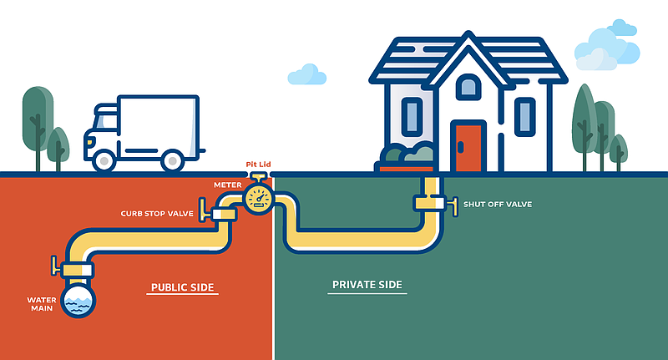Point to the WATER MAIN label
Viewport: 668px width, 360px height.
(42, 304)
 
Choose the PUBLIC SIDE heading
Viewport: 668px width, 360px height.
(183, 288)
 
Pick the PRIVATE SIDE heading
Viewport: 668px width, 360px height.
(367, 285)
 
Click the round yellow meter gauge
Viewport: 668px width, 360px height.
(257, 199)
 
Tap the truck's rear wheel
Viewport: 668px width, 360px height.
(173, 160)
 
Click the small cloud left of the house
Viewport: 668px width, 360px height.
(306, 74)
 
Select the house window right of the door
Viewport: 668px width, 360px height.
(524, 116)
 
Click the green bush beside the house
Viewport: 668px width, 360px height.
(407, 154)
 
